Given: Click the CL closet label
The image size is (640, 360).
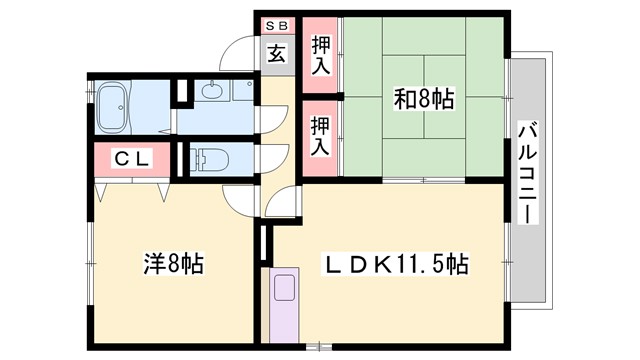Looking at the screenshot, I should click(x=131, y=158).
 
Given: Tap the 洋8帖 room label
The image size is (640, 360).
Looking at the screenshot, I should click(x=172, y=265).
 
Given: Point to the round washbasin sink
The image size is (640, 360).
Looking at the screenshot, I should click(x=213, y=92).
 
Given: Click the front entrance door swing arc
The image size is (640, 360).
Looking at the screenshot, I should click(x=238, y=53).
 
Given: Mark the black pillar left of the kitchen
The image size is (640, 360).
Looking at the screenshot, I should click(x=264, y=243).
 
